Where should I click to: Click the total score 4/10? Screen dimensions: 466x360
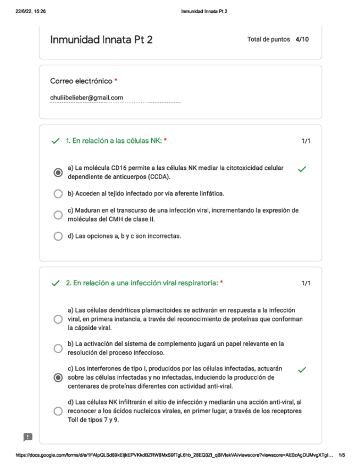click(302, 40)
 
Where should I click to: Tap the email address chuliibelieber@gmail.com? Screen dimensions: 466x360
click(86, 98)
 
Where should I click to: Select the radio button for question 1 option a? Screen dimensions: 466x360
click(58, 173)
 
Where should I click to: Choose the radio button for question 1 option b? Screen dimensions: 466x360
click(58, 194)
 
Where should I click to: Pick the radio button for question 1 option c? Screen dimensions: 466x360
click(58, 215)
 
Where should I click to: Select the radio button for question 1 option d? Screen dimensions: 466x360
click(58, 236)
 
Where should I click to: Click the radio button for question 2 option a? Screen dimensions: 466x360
click(58, 319)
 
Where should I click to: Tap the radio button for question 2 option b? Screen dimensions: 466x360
click(58, 348)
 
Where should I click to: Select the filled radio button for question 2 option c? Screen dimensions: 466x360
click(58, 378)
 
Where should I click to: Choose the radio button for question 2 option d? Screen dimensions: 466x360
click(58, 410)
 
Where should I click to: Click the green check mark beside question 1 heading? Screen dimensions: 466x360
click(55, 141)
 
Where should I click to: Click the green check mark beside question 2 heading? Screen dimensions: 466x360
click(55, 284)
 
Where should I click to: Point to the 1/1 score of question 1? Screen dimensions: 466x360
click(306, 141)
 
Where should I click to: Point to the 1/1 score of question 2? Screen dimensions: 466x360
click(306, 284)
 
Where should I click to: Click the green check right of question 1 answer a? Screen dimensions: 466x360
click(301, 169)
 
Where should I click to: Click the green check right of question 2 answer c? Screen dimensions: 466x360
click(301, 369)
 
